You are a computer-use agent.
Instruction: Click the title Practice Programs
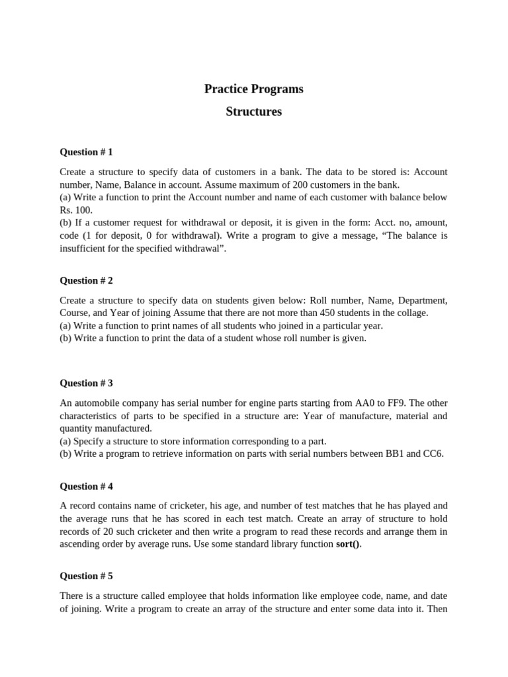(x=254, y=89)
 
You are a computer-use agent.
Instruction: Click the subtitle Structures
(x=254, y=112)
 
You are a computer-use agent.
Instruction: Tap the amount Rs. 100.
(x=73, y=210)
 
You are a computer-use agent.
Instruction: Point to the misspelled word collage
(x=411, y=313)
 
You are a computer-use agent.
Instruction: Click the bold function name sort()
(x=349, y=544)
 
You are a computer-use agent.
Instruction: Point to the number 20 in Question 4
(x=105, y=532)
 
